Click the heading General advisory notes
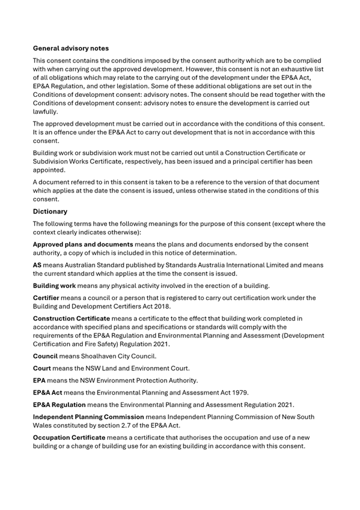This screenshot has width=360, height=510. (71, 48)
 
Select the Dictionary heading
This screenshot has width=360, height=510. (50, 212)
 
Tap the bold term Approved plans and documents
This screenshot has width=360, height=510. (83, 244)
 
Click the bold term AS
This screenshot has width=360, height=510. (37, 265)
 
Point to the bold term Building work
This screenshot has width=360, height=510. (54, 285)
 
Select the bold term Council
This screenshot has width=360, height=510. (46, 357)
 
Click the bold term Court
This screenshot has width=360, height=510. (43, 368)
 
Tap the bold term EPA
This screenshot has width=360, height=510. (40, 380)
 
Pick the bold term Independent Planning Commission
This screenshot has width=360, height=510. (88, 416)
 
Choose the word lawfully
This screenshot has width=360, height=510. (47, 111)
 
